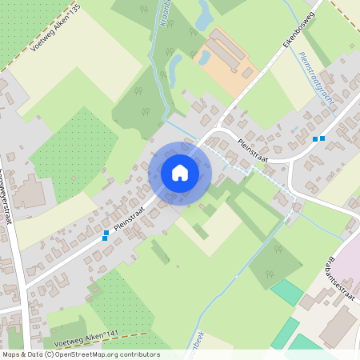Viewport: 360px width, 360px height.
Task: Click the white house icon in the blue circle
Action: tap(180, 173)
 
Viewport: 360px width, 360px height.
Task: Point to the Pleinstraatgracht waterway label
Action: tap(317, 86)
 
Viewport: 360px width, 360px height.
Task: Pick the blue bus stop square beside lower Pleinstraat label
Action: tap(106, 234)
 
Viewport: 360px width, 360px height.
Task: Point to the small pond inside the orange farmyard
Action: tap(205, 58)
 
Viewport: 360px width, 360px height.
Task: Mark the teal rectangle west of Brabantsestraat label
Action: tap(286, 292)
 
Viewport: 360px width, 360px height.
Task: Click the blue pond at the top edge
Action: tap(205, 12)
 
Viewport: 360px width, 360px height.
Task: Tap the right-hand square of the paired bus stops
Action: tap(322, 138)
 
